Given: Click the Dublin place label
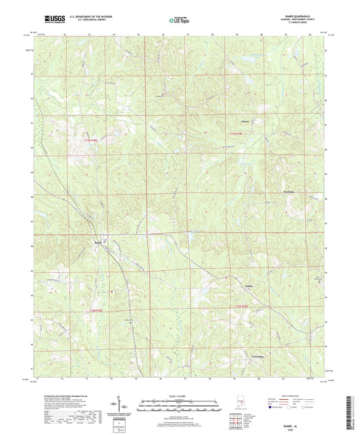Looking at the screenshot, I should click(249, 286).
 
